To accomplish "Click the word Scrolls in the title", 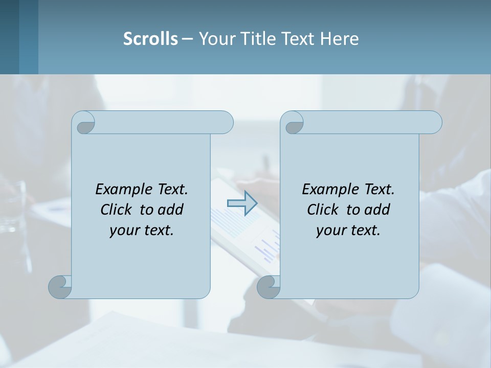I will click(150, 39).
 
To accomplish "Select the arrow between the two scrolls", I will click(242, 203).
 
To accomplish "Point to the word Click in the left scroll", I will click(117, 210).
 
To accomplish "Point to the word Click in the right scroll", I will click(324, 210).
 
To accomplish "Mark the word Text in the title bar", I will click(299, 39).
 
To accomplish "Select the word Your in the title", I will click(215, 39).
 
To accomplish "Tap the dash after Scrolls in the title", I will click(187, 39).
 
